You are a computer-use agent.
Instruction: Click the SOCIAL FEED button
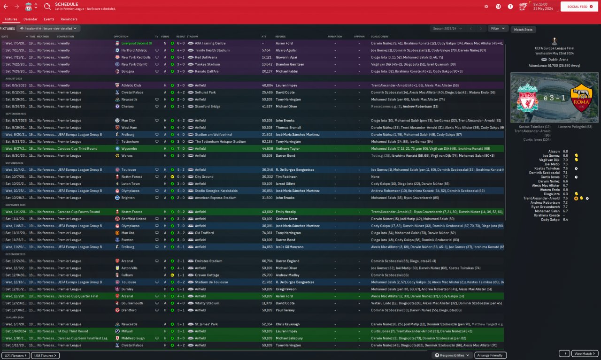tap(577, 7)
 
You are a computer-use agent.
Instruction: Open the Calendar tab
tap(31, 19)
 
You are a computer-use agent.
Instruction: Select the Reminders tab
tap(69, 19)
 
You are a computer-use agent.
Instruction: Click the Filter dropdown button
tap(498, 29)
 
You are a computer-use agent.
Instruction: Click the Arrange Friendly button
tap(490, 355)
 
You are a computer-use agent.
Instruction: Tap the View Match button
tap(585, 353)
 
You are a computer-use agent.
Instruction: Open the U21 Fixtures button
tap(15, 355)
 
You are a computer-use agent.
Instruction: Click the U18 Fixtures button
tap(45, 355)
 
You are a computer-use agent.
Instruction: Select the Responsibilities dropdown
tap(452, 355)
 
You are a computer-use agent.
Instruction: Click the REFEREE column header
tap(280, 36)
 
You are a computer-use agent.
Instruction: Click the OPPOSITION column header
tap(121, 36)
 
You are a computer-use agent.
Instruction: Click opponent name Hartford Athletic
tap(134, 50)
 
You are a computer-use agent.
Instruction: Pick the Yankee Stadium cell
tap(207, 64)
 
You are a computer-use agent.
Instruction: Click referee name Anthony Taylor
tap(287, 148)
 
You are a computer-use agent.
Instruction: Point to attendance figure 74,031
tap(267, 233)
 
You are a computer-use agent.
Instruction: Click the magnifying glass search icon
tap(47, 7)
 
